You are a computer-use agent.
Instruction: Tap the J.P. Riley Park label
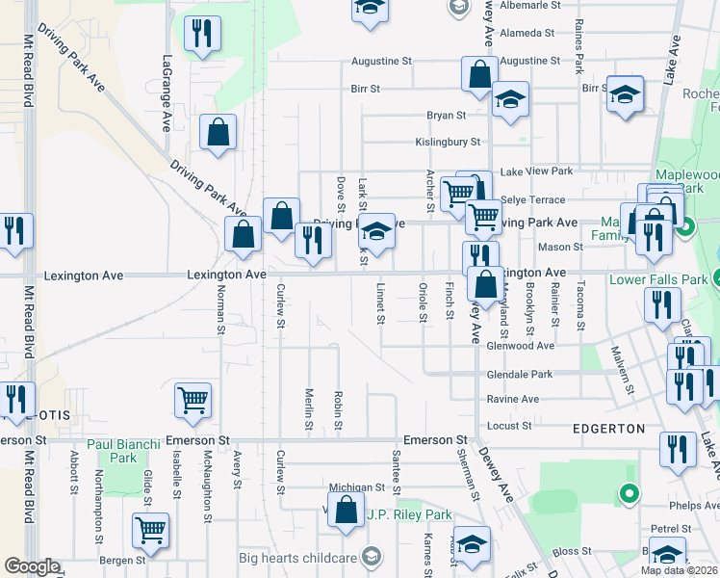pos(409,514)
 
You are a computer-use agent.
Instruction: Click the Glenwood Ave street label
pos(521,346)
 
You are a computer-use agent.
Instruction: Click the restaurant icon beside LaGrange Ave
pos(202,35)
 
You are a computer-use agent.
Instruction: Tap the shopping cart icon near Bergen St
pos(151,529)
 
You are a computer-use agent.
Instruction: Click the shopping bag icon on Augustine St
pos(479,73)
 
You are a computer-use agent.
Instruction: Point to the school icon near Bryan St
pos(509,99)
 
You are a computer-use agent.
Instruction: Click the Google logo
pos(32,566)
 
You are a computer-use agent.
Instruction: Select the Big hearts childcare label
pos(296,557)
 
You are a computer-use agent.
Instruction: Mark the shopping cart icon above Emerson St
pos(193,400)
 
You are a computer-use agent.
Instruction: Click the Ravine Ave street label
pos(513,399)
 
